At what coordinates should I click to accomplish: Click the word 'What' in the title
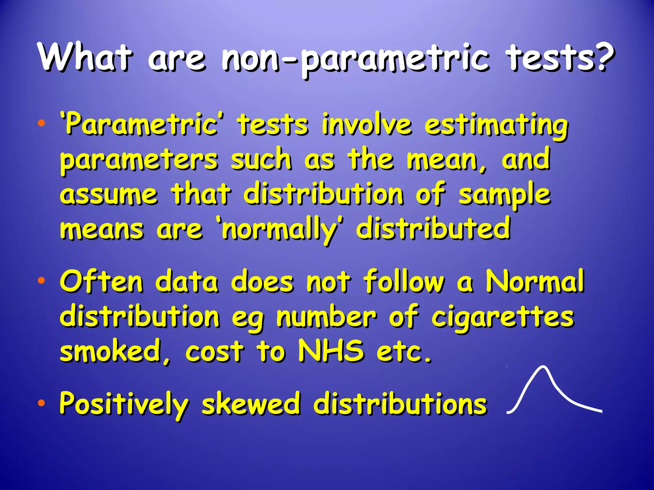[85, 57]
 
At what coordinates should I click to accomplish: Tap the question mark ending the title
[603, 57]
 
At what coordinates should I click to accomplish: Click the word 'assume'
[109, 194]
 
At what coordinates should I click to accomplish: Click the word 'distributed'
[433, 228]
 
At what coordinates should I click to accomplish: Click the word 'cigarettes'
[503, 317]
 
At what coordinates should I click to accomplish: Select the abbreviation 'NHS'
[331, 351]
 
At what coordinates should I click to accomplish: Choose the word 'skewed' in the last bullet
[251, 403]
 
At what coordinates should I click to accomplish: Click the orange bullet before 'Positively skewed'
[41, 404]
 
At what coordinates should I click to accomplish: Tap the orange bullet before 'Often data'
[41, 281]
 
